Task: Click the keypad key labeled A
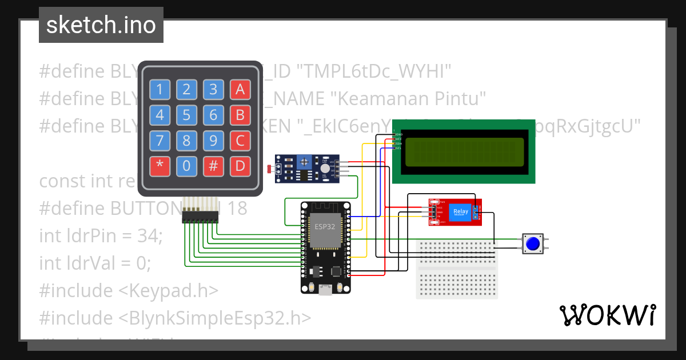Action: (x=240, y=89)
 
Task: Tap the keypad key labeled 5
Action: (x=186, y=115)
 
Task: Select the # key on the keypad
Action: (x=213, y=166)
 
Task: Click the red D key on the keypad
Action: (x=240, y=166)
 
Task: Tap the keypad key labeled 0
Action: (x=186, y=166)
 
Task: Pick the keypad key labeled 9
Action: (x=213, y=141)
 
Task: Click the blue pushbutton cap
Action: (x=533, y=244)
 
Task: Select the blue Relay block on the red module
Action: (x=460, y=211)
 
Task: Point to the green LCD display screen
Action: (x=463, y=151)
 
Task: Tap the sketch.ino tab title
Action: (x=101, y=25)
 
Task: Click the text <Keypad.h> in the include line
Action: (x=168, y=290)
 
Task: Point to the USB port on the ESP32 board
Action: (x=325, y=290)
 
